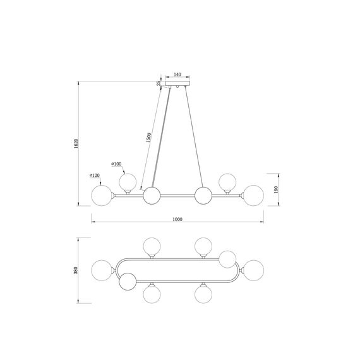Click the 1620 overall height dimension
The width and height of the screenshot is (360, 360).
point(76,143)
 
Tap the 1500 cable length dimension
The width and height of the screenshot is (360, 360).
point(149,138)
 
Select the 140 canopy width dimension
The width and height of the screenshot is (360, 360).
point(177,75)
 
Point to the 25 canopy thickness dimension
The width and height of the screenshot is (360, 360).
point(159,83)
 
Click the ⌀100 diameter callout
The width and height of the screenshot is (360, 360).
point(116,164)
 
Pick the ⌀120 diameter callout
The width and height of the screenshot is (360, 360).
point(95,176)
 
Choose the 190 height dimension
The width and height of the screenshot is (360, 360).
point(276,189)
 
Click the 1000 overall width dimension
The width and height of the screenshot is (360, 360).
point(177,219)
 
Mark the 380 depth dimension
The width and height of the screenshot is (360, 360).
point(76,270)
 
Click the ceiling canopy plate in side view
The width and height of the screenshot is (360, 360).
point(178,83)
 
